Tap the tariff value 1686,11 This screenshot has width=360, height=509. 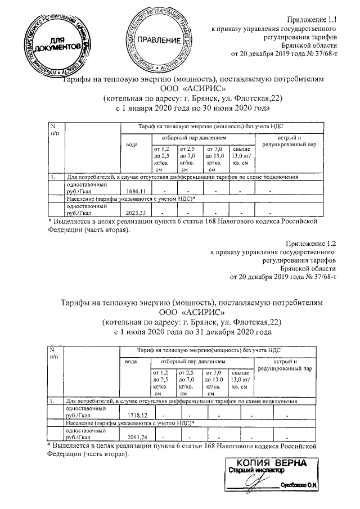[x=136, y=191]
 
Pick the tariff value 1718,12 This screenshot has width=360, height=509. [x=136, y=415]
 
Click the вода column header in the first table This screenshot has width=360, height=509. [x=132, y=145]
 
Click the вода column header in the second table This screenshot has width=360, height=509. [x=131, y=361]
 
